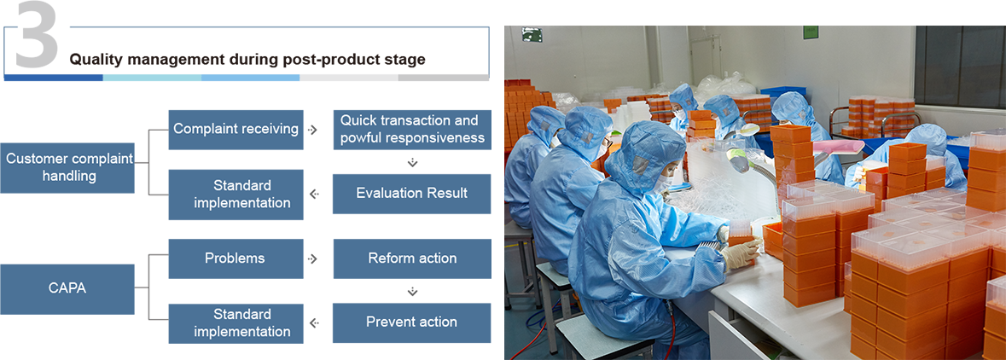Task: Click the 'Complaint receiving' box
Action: pyautogui.click(x=236, y=129)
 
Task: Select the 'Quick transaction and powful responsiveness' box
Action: pyautogui.click(x=412, y=129)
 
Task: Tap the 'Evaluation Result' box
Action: pyautogui.click(x=412, y=193)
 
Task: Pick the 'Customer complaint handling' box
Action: pyautogui.click(x=67, y=167)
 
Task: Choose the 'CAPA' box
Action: pyautogui.click(x=67, y=289)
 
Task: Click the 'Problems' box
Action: pyautogui.click(x=236, y=258)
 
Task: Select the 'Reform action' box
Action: pyautogui.click(x=412, y=258)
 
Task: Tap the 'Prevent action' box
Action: pyautogui.click(x=412, y=322)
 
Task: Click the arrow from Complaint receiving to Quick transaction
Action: pyautogui.click(x=312, y=130)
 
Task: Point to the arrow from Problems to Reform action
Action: pyautogui.click(x=312, y=258)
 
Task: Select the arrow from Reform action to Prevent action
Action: pyautogui.click(x=412, y=292)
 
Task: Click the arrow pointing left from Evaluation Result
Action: pyautogui.click(x=313, y=194)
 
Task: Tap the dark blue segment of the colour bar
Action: pyautogui.click(x=53, y=78)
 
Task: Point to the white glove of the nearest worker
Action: pyautogui.click(x=741, y=251)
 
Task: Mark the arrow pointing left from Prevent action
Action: pyautogui.click(x=313, y=322)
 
